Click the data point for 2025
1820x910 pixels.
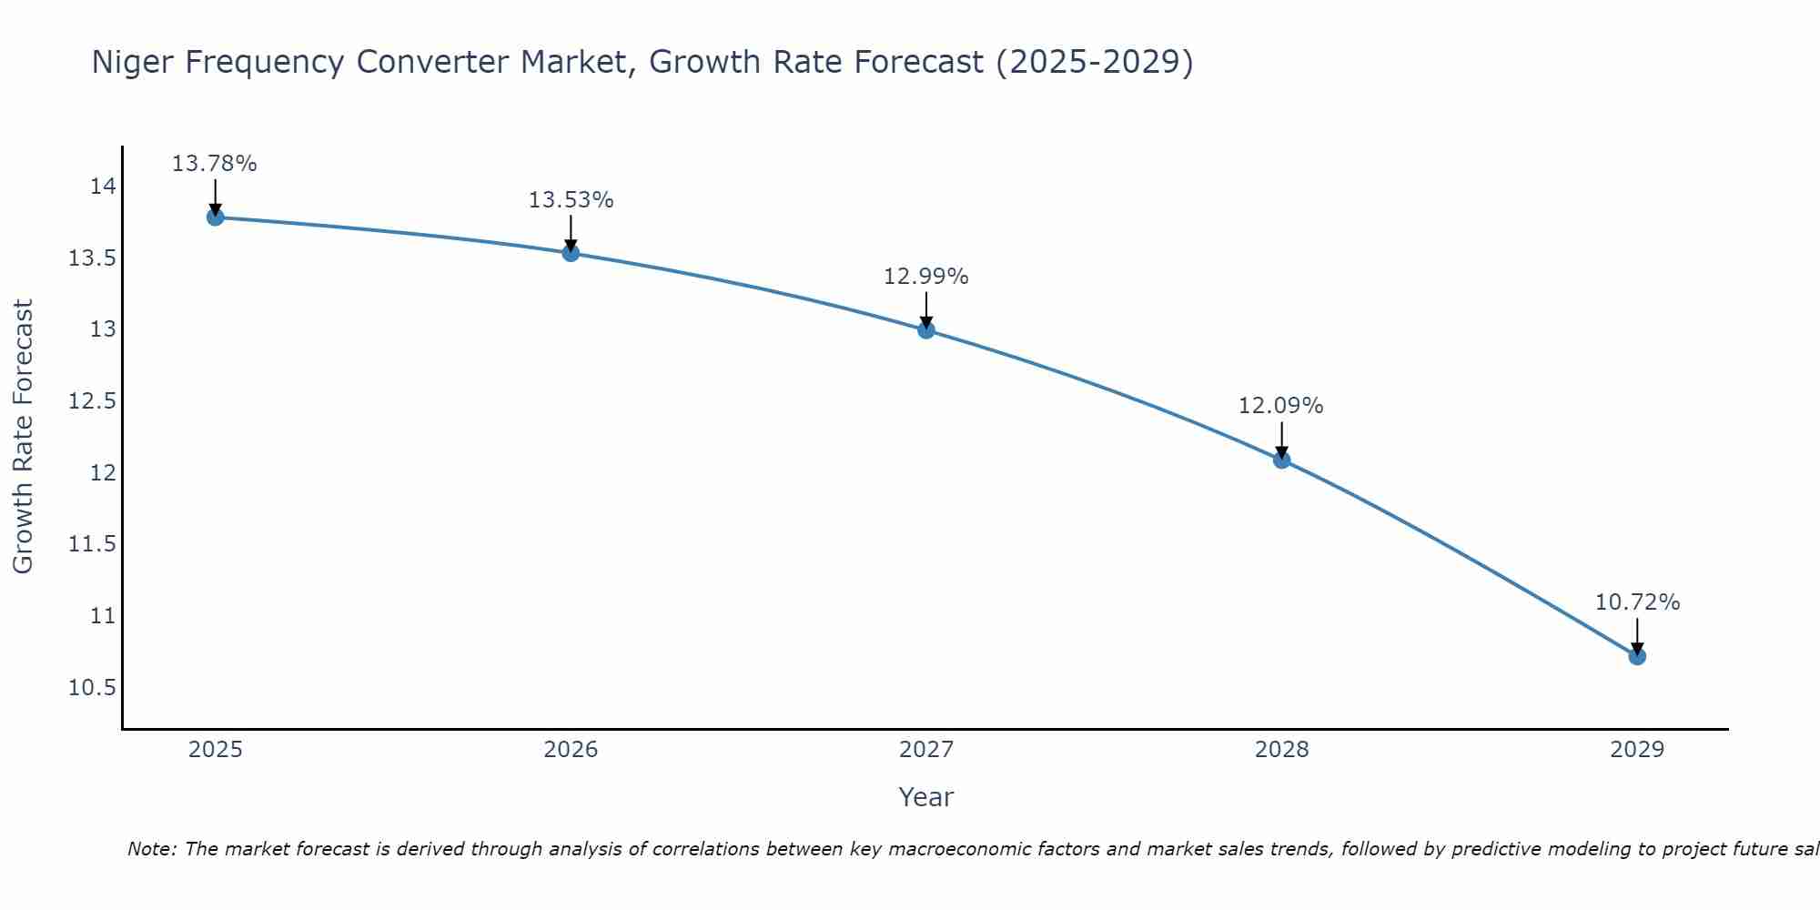[216, 217]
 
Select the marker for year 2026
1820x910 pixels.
[571, 252]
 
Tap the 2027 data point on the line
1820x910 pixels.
[926, 329]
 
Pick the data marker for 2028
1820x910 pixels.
[1281, 460]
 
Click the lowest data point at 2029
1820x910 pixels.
[1637, 656]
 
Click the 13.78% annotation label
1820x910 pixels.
[215, 164]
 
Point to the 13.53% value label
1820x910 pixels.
[571, 200]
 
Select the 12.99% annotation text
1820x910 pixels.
[926, 277]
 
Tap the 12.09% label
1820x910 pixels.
[1280, 406]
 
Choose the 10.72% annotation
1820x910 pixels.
[1637, 602]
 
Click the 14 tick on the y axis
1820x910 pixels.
[103, 187]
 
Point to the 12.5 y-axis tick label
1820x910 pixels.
[92, 401]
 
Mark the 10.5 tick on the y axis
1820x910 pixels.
[92, 687]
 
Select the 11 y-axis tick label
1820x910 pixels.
[103, 616]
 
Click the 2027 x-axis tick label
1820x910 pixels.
[926, 750]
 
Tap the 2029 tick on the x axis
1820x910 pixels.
[1637, 750]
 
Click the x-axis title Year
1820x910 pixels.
[925, 797]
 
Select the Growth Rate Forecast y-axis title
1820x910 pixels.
[23, 436]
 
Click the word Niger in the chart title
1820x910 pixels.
[127, 63]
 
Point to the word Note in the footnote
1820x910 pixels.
[152, 849]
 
